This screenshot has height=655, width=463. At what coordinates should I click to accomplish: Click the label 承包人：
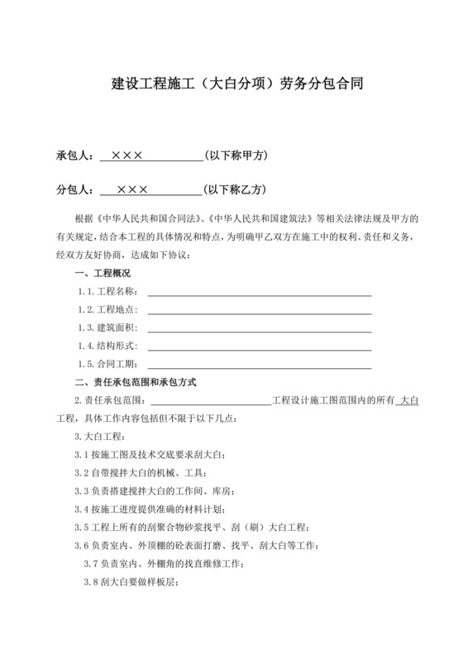coord(75,156)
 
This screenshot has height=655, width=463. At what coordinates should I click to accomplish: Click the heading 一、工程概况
coord(103,273)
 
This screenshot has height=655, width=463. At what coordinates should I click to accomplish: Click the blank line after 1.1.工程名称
coord(259,292)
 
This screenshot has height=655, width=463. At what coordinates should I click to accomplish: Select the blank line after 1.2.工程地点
coord(259,310)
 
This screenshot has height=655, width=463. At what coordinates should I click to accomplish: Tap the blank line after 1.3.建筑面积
coord(259,328)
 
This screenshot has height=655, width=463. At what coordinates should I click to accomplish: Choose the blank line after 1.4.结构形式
coord(259,347)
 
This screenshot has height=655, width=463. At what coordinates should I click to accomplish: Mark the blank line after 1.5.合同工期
coord(259,365)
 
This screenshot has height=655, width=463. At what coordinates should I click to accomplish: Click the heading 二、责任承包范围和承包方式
coord(135,383)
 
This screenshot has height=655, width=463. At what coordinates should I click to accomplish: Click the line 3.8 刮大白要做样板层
coord(132,582)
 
